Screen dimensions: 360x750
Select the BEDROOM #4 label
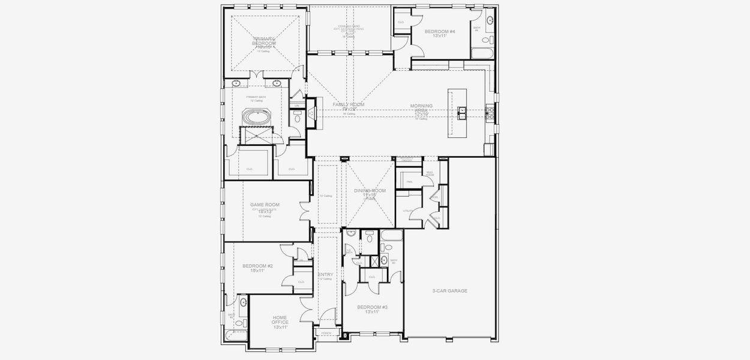click(440, 31)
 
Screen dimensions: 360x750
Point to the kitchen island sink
click(462, 110)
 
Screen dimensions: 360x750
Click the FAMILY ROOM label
click(349, 104)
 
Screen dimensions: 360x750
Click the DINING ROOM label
click(370, 190)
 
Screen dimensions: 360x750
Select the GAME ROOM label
click(265, 205)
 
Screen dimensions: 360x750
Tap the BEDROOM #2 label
click(257, 266)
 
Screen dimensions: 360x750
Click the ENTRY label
click(326, 275)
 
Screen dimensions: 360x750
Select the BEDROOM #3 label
click(372, 307)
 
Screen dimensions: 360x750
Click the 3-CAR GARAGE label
click(449, 291)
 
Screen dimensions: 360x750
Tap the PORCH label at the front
click(326, 332)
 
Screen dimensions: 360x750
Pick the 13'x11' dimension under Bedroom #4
click(440, 36)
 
